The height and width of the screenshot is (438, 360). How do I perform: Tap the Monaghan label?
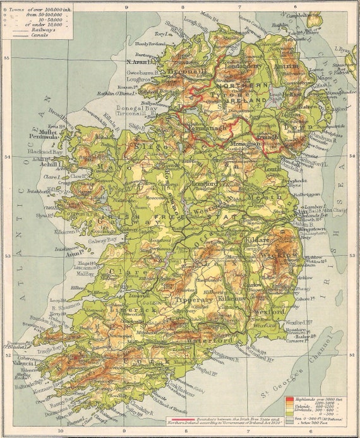[x=245, y=143]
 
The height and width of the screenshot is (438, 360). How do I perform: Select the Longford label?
[x=203, y=184]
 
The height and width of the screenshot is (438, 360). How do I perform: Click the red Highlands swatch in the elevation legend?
[x=289, y=399]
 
